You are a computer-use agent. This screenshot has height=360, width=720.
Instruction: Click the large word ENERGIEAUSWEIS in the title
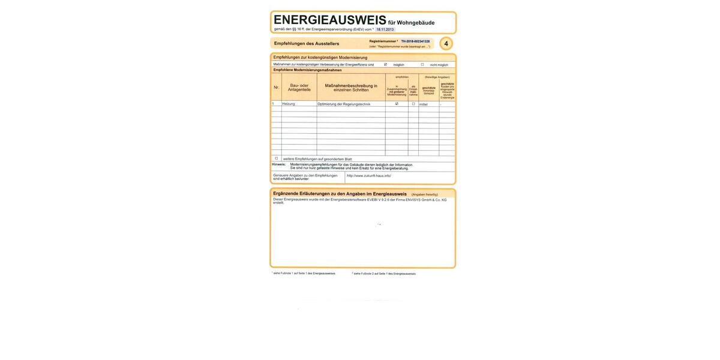pyautogui.click(x=329, y=20)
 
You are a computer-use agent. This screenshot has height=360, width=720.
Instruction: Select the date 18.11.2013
pyautogui.click(x=385, y=29)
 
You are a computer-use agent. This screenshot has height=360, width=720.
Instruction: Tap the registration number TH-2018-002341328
pyautogui.click(x=415, y=41)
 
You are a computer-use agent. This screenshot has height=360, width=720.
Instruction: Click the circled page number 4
pyautogui.click(x=446, y=44)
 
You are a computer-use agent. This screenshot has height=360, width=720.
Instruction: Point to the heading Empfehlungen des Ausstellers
pyautogui.click(x=307, y=44)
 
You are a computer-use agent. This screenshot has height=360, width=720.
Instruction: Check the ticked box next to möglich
pyautogui.click(x=385, y=64)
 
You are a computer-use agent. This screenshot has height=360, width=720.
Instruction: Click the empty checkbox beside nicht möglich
pyautogui.click(x=422, y=64)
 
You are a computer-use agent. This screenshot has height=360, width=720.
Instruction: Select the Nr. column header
pyautogui.click(x=276, y=88)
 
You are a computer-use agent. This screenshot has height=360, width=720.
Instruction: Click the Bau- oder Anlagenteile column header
pyautogui.click(x=299, y=88)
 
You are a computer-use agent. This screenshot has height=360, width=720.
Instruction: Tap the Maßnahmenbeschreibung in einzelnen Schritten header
pyautogui.click(x=351, y=88)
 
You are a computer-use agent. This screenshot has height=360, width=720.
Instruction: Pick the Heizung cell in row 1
pyautogui.click(x=289, y=104)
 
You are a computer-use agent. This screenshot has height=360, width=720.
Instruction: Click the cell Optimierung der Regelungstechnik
pyautogui.click(x=344, y=104)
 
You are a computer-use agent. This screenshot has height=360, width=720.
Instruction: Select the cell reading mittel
pyautogui.click(x=424, y=104)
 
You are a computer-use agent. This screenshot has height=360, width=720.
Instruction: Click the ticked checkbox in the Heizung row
pyautogui.click(x=397, y=104)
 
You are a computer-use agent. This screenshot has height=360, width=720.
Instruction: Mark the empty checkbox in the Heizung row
pyautogui.click(x=413, y=104)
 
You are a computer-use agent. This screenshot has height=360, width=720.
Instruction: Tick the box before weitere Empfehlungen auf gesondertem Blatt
pyautogui.click(x=277, y=158)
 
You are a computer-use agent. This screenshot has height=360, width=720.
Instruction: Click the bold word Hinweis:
pyautogui.click(x=279, y=164)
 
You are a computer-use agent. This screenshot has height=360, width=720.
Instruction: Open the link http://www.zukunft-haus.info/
pyautogui.click(x=369, y=176)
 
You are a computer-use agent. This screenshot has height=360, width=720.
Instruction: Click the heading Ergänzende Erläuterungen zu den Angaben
pyautogui.click(x=340, y=194)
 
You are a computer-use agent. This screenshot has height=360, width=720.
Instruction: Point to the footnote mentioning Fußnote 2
pyautogui.click(x=384, y=274)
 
